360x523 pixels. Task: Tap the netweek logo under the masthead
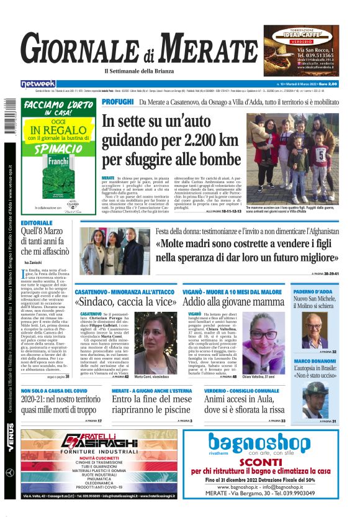pos(38,84)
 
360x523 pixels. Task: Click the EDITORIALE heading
pos(37,222)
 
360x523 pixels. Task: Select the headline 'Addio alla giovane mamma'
pos(233,302)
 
